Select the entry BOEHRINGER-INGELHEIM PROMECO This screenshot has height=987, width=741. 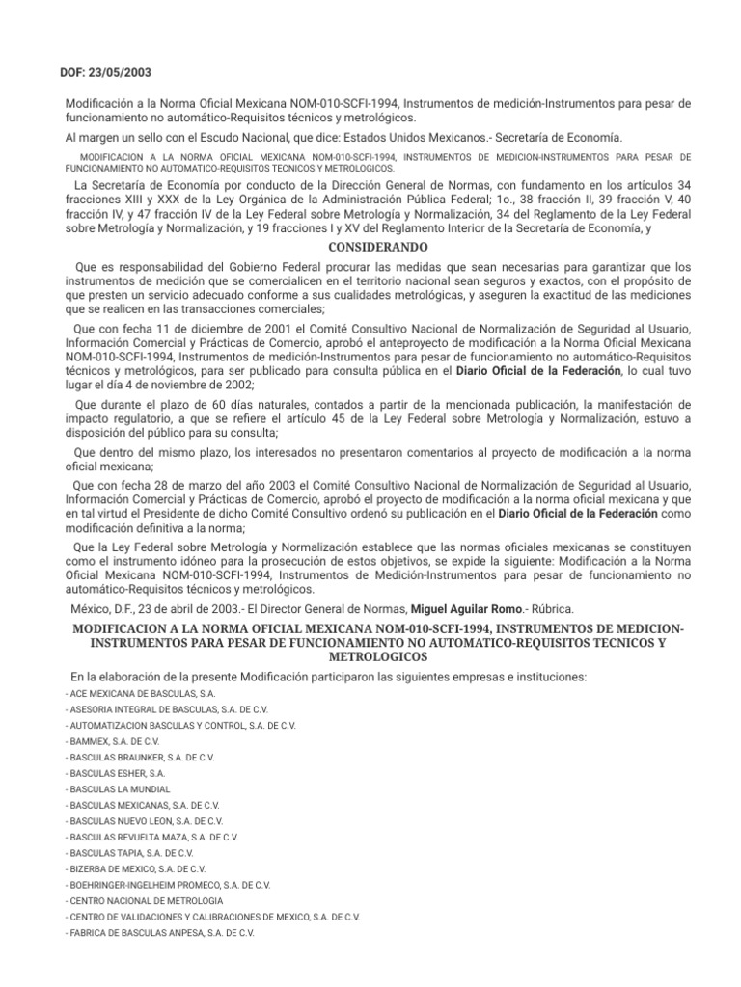pyautogui.click(x=167, y=885)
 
